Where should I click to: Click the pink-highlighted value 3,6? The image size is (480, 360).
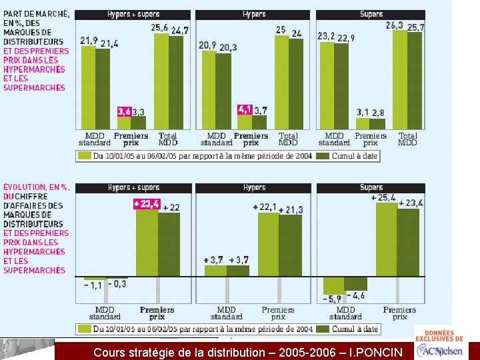pos(125,112)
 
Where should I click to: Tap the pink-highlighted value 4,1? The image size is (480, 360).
pos(245,109)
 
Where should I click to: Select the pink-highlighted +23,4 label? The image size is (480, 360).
pos(147,204)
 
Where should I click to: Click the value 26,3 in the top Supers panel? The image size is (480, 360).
pos(394,25)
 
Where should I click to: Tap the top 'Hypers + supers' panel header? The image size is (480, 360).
pos(133,15)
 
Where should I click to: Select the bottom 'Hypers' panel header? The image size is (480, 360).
pos(253,188)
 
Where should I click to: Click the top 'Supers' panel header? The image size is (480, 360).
pos(371,15)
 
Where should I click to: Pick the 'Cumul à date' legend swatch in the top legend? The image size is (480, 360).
pos(323,156)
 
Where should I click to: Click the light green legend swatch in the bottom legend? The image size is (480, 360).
pos(85,329)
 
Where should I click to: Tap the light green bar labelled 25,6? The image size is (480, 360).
pos(161,81)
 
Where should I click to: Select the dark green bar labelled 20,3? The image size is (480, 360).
pos(223,91)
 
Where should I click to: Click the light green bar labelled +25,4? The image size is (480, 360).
pos(387,239)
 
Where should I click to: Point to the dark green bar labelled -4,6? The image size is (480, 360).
pos(355,284)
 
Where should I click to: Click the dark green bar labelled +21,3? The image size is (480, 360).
pos(290,245)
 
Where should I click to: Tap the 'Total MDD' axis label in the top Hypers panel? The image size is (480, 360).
pos(288,139)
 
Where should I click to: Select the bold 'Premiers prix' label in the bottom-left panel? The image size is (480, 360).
pos(157,313)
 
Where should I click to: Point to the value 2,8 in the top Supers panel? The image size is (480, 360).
pos(379,113)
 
